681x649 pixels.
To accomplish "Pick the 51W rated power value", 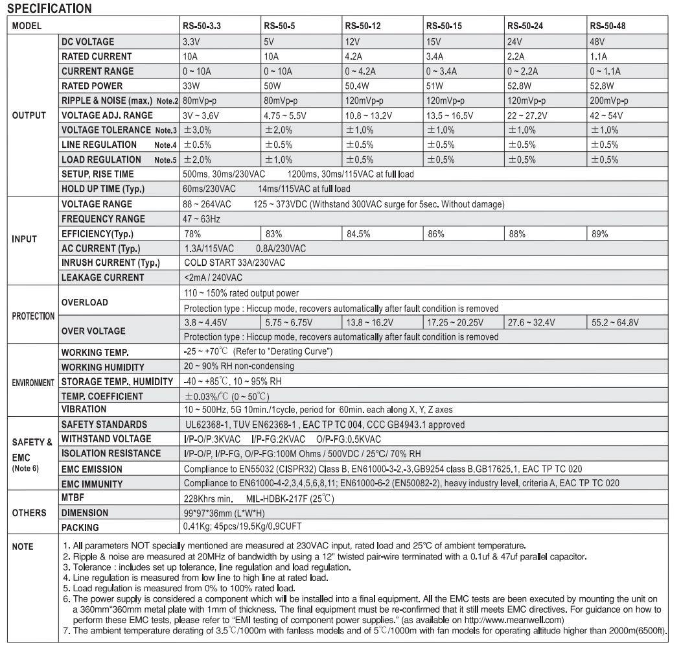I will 434,85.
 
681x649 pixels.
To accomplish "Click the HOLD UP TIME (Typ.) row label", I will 102,189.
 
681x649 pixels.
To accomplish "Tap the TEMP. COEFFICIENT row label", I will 102,395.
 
